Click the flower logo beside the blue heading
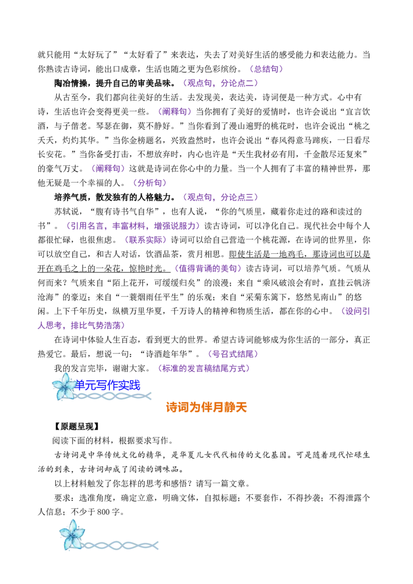click(63, 386)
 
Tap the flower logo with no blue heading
click(72, 534)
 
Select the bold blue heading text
click(108, 384)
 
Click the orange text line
click(206, 407)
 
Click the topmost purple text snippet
click(266, 69)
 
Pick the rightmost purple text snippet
click(356, 311)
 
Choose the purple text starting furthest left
click(82, 326)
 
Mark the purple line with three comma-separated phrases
click(133, 226)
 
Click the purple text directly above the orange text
click(204, 368)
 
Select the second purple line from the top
click(220, 83)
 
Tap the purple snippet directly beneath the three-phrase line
click(146, 240)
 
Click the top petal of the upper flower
click(66, 377)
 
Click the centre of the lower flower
click(71, 536)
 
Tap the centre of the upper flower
click(63, 387)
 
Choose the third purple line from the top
click(175, 111)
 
